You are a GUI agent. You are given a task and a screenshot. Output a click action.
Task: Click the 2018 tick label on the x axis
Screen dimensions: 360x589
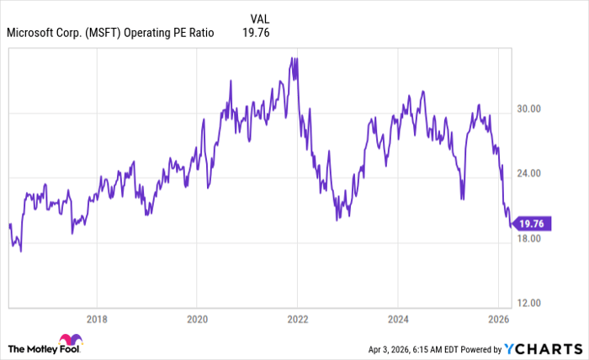tap(97, 320)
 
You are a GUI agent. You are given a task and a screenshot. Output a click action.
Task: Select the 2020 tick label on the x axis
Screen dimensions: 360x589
tap(196, 320)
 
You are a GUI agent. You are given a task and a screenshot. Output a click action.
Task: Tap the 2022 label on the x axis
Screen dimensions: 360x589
tap(297, 320)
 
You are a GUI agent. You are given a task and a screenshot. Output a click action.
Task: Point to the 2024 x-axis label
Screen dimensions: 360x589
tap(398, 320)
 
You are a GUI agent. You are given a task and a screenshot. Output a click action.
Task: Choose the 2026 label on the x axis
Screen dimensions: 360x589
tap(498, 320)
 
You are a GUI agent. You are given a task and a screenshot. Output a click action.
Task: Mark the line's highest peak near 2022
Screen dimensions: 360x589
tap(292, 58)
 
